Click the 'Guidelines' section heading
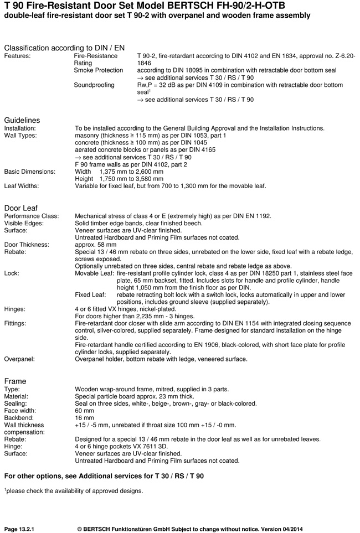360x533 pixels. [22, 120]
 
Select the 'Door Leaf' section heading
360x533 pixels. [21, 208]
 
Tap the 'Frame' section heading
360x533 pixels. [16, 381]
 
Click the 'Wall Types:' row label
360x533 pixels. [20, 136]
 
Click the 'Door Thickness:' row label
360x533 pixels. [27, 244]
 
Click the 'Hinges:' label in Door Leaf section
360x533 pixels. [16, 309]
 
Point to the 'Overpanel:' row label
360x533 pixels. [20, 359]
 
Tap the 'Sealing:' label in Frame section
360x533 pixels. [16, 403]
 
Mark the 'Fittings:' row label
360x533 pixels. [17, 323]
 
